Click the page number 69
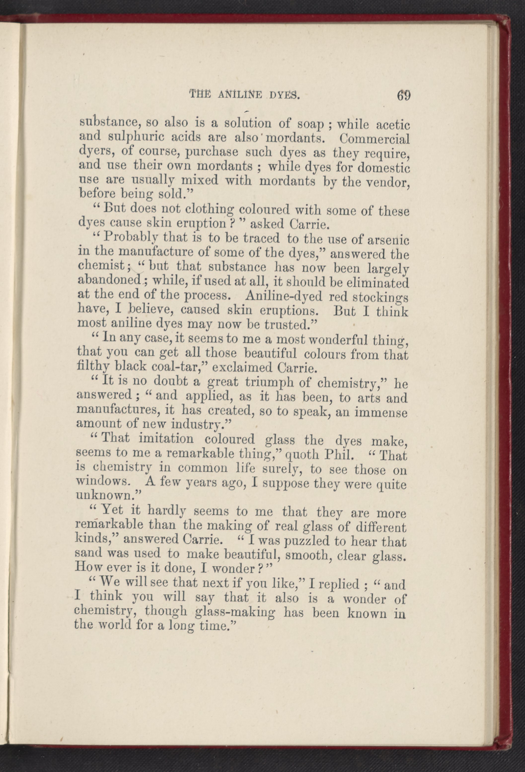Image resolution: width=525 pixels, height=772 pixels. (403, 96)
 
